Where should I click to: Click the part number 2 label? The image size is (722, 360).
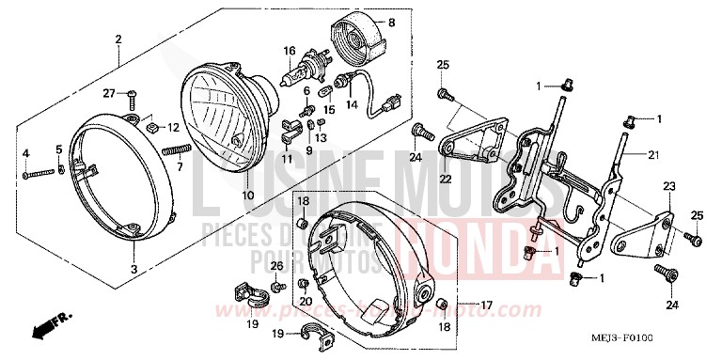(118, 39)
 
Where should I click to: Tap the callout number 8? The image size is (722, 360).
(391, 20)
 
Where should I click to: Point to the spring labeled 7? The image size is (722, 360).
(176, 149)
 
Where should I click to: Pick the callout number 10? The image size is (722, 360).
(247, 195)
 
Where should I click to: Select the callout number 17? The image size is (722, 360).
(485, 305)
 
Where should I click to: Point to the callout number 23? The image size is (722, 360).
(668, 188)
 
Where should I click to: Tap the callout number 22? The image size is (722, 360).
(446, 180)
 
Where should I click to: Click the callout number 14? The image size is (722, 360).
(352, 106)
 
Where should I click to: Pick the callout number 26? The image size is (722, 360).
(277, 267)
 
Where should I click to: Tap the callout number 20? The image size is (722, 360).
(306, 300)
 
